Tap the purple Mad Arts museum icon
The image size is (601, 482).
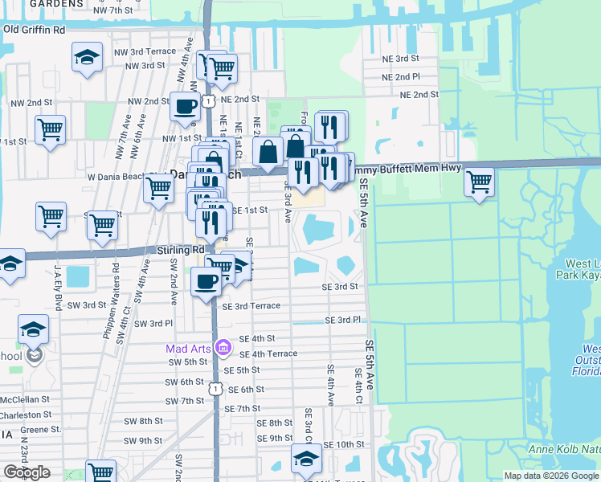[x=224, y=349]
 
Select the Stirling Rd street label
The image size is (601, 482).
[x=182, y=250]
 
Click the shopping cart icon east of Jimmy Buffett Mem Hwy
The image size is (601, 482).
[x=479, y=182]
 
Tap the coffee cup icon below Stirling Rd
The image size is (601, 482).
[x=206, y=281]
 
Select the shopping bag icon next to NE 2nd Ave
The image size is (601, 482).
[x=268, y=150]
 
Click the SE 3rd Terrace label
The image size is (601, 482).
[x=251, y=306]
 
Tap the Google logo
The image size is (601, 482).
[x=27, y=472]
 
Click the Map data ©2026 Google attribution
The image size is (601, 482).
[x=551, y=476]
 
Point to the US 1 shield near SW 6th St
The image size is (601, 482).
[x=214, y=388]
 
